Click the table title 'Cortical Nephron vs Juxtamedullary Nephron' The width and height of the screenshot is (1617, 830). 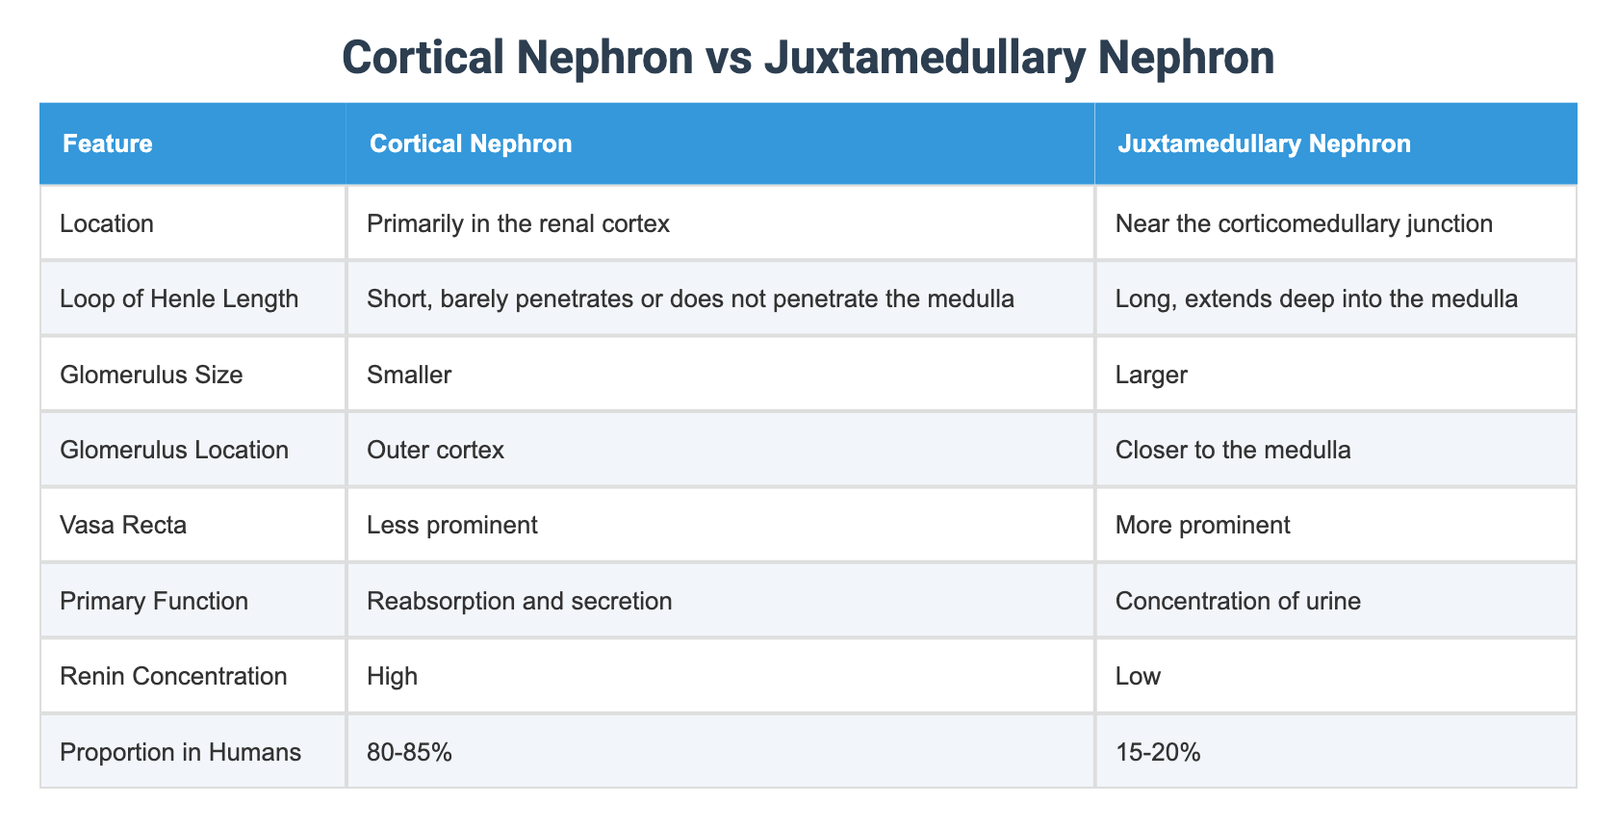(x=808, y=58)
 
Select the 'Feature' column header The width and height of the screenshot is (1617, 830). (x=107, y=144)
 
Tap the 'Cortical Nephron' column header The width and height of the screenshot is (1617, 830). (x=471, y=144)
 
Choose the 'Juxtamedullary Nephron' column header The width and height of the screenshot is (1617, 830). (x=1263, y=144)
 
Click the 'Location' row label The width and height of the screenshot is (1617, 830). (x=107, y=224)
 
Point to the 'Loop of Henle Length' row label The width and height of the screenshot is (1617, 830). (x=179, y=299)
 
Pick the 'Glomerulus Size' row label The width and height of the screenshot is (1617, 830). (x=151, y=375)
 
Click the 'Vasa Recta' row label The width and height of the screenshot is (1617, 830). (x=123, y=525)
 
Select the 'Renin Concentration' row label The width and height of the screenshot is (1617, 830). (x=173, y=676)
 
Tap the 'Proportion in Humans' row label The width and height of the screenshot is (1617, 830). (x=180, y=751)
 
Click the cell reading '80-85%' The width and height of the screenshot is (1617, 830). (x=410, y=751)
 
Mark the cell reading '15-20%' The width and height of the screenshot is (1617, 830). (x=1158, y=751)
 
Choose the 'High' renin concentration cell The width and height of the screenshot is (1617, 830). (x=393, y=676)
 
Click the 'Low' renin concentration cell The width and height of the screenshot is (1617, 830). (x=1138, y=676)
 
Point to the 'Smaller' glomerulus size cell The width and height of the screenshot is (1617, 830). (x=409, y=375)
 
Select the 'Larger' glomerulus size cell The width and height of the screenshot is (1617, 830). (x=1151, y=375)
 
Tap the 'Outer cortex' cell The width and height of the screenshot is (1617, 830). (x=435, y=450)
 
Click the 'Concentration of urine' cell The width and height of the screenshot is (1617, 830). (x=1238, y=601)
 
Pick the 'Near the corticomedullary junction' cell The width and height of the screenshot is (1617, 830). (x=1303, y=224)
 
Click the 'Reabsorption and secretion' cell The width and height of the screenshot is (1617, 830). (x=520, y=601)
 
